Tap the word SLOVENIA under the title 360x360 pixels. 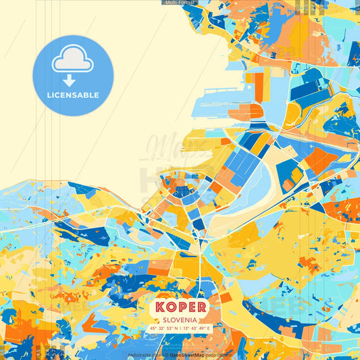(x=180, y=319)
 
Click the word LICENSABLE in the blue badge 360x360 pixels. (x=73, y=95)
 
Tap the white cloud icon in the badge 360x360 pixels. (x=72, y=59)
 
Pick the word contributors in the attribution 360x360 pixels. (x=217, y=355)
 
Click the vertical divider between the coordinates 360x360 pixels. (x=180, y=328)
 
